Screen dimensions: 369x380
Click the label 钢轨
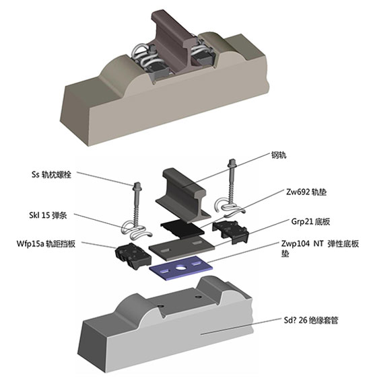click(x=279, y=155)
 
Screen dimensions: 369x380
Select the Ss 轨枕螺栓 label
click(x=51, y=174)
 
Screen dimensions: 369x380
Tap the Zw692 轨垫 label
click(x=306, y=192)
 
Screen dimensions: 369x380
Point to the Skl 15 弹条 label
click(x=48, y=215)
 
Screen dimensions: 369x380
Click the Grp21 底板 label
click(x=310, y=221)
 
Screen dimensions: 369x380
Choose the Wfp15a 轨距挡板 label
click(x=46, y=243)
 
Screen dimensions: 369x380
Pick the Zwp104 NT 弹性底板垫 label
click(x=320, y=248)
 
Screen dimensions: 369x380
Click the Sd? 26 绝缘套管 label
click(x=311, y=320)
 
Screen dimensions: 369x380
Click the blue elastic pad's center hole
click(x=180, y=268)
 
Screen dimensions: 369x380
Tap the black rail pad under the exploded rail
click(x=182, y=229)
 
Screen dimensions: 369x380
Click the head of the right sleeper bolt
click(x=232, y=163)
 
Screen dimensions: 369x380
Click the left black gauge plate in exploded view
click(x=133, y=256)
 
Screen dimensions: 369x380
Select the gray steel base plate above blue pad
click(x=182, y=248)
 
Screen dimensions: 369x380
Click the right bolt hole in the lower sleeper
click(x=198, y=297)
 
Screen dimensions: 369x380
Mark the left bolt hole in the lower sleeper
click(x=160, y=306)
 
